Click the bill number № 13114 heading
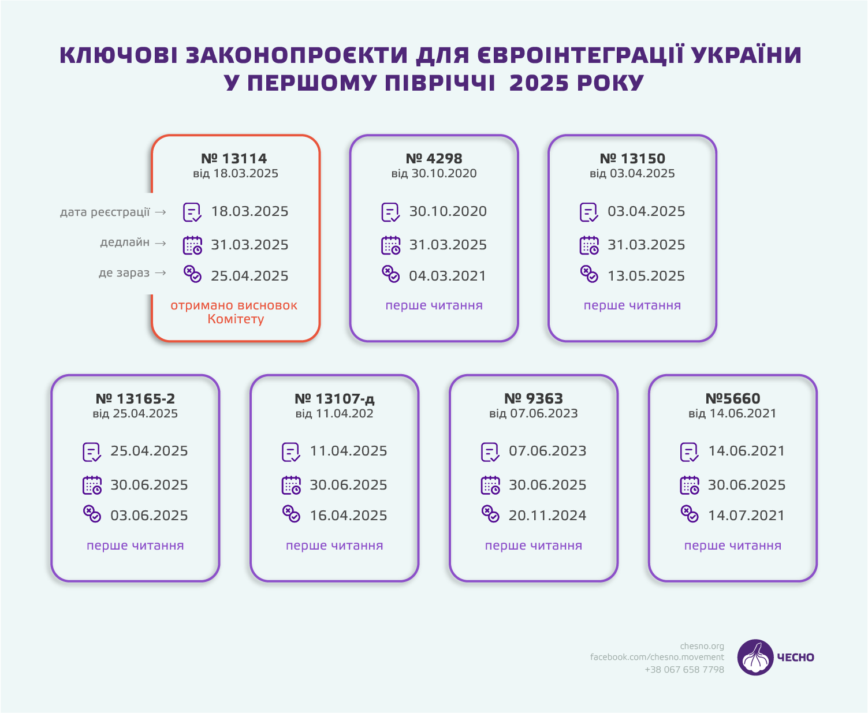tap(234, 158)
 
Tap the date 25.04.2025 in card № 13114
tap(249, 276)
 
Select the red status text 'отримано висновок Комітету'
tap(234, 312)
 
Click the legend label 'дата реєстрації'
tap(105, 212)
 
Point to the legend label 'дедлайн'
tap(125, 242)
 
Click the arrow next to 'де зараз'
tap(161, 273)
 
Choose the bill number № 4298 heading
tap(434, 158)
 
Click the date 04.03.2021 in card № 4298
tap(448, 276)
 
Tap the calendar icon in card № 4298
tap(391, 245)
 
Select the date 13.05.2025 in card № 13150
tap(646, 276)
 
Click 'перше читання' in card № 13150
tap(632, 305)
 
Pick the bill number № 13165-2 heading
tap(135, 398)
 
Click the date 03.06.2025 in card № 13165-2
tap(149, 516)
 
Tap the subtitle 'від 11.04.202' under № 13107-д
tap(334, 413)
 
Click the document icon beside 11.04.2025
tap(291, 452)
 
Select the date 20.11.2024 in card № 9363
tap(547, 516)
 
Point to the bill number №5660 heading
tap(733, 398)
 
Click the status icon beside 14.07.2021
tap(690, 514)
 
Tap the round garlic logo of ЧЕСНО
tap(755, 657)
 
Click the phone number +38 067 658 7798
tap(684, 670)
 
